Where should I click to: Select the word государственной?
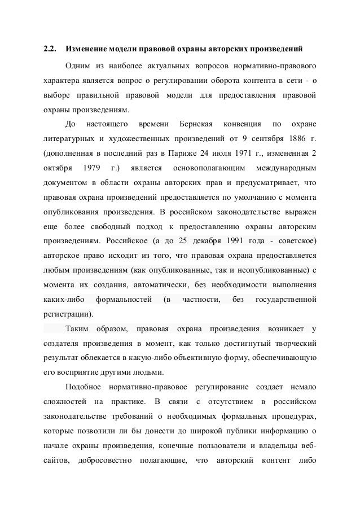pos(286,298)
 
